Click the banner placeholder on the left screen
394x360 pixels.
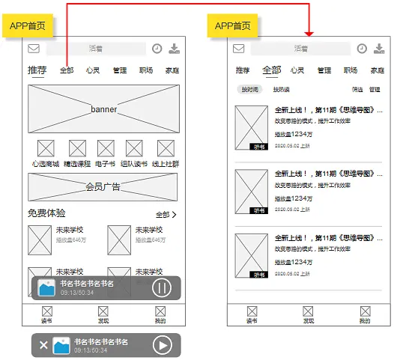pyautogui.click(x=103, y=109)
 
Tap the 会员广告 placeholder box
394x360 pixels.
pyautogui.click(x=103, y=186)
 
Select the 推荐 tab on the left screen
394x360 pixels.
pyautogui.click(x=37, y=70)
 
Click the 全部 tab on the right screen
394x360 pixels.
pyautogui.click(x=271, y=70)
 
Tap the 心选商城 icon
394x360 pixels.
pyautogui.click(x=46, y=148)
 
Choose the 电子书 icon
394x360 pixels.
pyautogui.click(x=106, y=148)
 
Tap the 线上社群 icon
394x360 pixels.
pyautogui.click(x=165, y=148)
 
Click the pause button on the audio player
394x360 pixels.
pyautogui.click(x=162, y=288)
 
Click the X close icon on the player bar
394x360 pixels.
pyautogui.click(x=43, y=345)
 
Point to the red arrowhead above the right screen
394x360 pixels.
pyautogui.click(x=309, y=33)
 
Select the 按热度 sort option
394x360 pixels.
pyautogui.click(x=281, y=90)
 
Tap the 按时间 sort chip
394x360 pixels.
pyautogui.click(x=249, y=90)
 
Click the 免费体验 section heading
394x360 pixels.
pyautogui.click(x=46, y=214)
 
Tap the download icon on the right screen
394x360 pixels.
pyautogui.click(x=380, y=49)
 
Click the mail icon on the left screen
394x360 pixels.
pyautogui.click(x=34, y=49)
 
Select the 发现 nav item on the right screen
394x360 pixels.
pyautogui.click(x=308, y=314)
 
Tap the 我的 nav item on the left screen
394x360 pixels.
pyautogui.click(x=160, y=314)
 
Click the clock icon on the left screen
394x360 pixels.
pyautogui.click(x=157, y=49)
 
